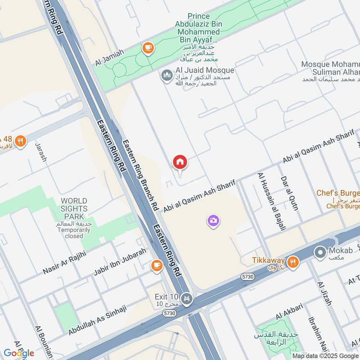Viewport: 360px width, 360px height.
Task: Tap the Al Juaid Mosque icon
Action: point(166,75)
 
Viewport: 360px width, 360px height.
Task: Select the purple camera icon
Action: point(213,220)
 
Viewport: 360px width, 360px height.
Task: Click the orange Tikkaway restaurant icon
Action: point(293,261)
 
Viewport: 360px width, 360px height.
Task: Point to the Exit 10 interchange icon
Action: point(186,298)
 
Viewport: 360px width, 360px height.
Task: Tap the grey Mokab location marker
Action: point(320,252)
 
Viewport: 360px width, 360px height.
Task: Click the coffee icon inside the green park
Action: point(147,48)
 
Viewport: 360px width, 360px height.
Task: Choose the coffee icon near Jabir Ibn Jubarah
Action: point(156,265)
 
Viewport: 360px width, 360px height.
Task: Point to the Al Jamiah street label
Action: point(109,58)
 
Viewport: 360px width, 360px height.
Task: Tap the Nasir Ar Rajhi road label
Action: point(64,263)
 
